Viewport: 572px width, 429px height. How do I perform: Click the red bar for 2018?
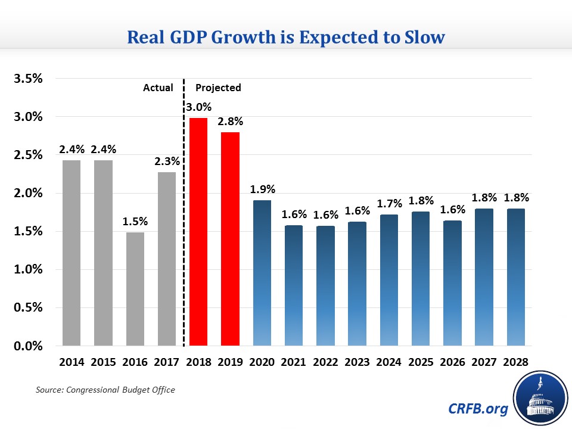[198, 232]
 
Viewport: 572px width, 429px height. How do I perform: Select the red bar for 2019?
[230, 238]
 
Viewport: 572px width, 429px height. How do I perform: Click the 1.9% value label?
[263, 189]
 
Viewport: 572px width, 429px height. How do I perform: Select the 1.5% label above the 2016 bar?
[135, 221]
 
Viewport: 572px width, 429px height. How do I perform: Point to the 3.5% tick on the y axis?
[27, 78]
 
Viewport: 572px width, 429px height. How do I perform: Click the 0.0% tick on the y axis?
[27, 346]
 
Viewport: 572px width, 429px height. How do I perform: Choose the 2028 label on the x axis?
[515, 362]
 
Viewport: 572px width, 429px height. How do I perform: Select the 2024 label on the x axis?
[389, 362]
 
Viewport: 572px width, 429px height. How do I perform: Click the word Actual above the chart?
[158, 88]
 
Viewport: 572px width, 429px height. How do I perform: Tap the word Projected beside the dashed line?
[218, 88]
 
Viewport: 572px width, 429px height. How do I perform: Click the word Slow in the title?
[423, 37]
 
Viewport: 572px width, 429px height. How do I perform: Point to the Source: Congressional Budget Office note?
[104, 390]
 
